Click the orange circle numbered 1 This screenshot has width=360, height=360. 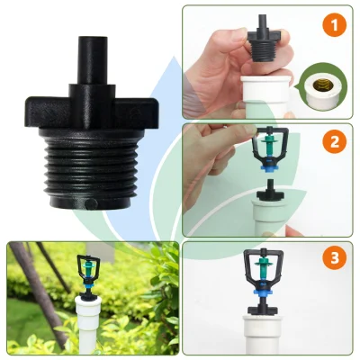point(335,25)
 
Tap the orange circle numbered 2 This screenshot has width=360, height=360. point(335,142)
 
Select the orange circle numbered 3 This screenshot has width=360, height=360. point(335,258)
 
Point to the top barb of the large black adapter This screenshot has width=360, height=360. point(93,60)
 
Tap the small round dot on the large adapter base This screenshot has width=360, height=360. point(89,204)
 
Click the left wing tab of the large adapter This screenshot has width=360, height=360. point(47,112)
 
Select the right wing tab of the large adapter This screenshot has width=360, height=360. point(137,112)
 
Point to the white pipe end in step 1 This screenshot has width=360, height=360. point(265,96)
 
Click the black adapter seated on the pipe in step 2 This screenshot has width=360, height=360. point(271,190)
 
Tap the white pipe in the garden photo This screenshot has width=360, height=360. point(89,326)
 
